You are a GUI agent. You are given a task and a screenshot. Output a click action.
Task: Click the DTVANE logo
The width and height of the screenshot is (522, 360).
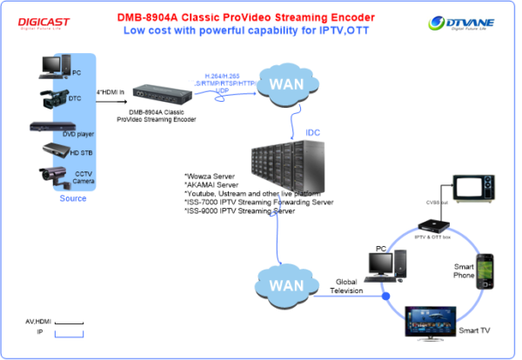point(460,23)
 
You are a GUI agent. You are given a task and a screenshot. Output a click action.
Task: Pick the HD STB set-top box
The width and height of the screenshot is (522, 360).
point(52,150)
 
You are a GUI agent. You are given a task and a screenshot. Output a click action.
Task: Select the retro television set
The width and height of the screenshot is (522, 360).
point(472,187)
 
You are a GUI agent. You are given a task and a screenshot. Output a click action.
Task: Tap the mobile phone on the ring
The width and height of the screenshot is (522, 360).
point(485,270)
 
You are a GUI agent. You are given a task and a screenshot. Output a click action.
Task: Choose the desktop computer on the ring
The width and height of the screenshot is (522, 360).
point(385,266)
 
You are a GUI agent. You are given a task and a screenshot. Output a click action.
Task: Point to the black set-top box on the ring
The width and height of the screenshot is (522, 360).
point(432,223)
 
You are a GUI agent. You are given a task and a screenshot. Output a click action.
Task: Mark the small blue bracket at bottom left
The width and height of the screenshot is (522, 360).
point(70,333)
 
